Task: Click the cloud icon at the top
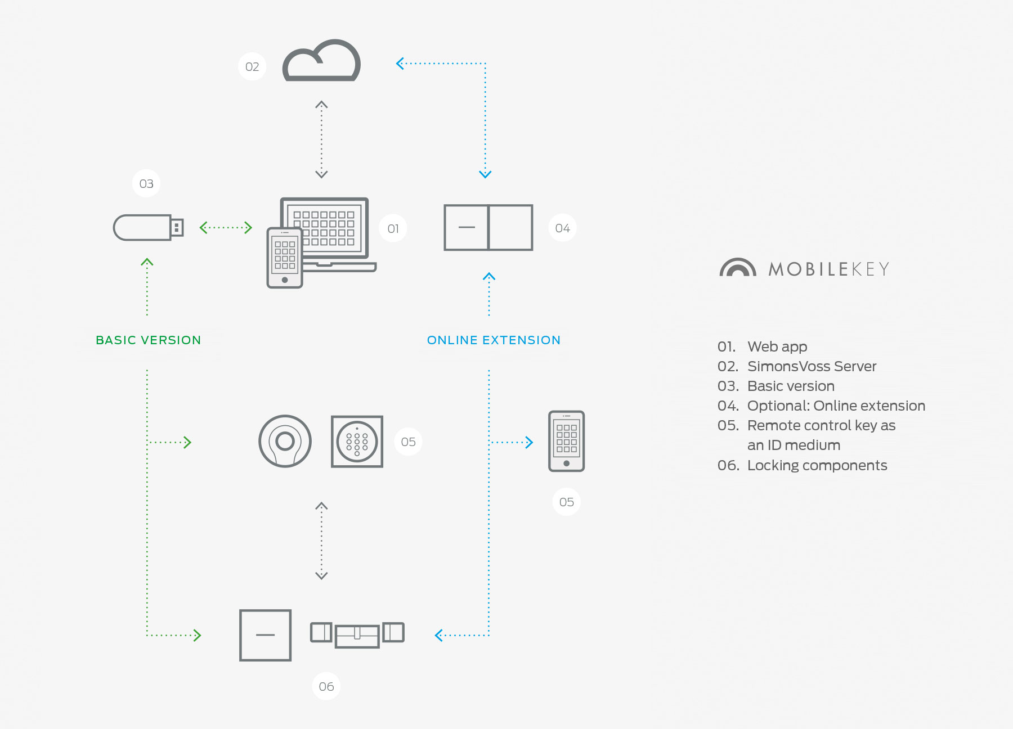coord(321,61)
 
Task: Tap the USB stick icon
coord(147,227)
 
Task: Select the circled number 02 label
coord(252,67)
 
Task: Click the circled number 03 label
coord(146,184)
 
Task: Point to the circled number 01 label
coord(393,229)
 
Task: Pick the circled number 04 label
coord(562,228)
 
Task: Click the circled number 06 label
coord(326,686)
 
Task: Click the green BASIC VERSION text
coord(149,340)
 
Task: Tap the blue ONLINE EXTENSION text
coord(494,340)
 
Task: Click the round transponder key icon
coord(285,442)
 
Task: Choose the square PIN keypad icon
coord(357,442)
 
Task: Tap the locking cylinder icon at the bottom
coord(357,634)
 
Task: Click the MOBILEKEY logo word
coord(829,269)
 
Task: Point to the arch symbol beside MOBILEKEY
coord(737,268)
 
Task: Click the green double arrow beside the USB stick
coord(226,228)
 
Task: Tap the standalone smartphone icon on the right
coord(566,441)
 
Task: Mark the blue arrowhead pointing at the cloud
coord(400,64)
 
